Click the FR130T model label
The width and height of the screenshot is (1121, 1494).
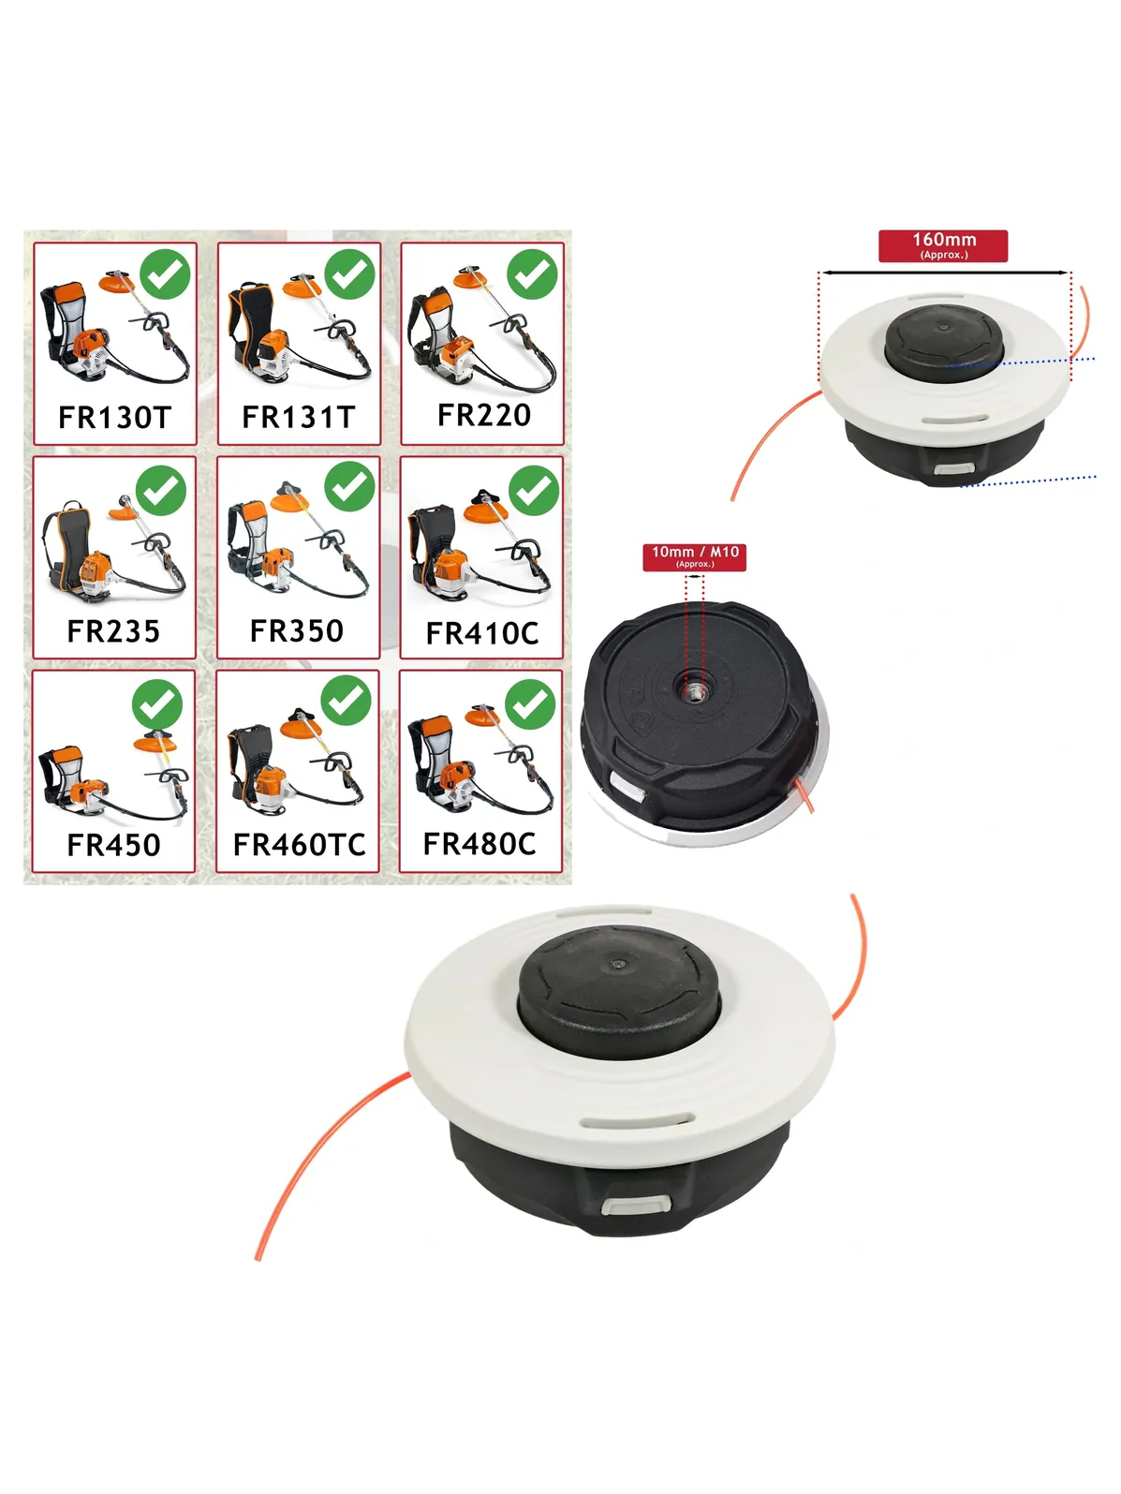[114, 417]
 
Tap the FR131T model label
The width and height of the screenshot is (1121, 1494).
[299, 417]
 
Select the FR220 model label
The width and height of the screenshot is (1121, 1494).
[483, 415]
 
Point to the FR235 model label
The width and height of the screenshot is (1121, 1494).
[113, 631]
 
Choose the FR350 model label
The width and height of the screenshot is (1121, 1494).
[297, 630]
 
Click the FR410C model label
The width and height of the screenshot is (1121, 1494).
[482, 633]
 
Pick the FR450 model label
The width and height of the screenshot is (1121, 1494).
[113, 845]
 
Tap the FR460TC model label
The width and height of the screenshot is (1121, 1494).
[300, 845]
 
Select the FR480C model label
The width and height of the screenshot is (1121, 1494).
[479, 843]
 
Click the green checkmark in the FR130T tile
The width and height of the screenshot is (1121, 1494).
[165, 274]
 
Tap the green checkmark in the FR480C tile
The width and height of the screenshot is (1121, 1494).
[531, 703]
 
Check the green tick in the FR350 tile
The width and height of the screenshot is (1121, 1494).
[349, 486]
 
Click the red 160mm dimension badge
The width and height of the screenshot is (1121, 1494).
[943, 245]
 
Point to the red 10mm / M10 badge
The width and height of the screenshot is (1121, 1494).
[695, 556]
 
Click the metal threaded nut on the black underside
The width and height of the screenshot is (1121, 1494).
[691, 693]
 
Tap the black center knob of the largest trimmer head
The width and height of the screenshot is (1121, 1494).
[618, 990]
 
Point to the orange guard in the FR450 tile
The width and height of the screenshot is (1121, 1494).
[155, 743]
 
